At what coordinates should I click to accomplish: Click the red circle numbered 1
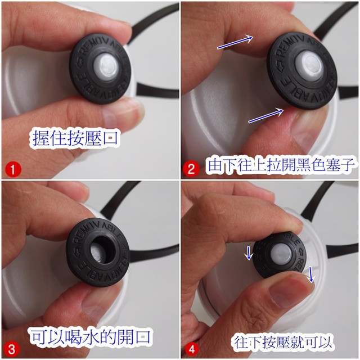[x=13, y=170]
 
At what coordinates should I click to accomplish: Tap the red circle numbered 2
[x=191, y=169]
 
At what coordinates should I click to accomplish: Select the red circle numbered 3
[x=11, y=349]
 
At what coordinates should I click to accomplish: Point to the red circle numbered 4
[x=191, y=349]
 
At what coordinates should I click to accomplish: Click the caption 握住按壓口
[x=75, y=138]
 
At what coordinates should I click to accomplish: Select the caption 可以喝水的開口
[x=91, y=337]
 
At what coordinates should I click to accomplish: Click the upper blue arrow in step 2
[x=235, y=42]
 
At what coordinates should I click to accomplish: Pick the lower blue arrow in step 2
[x=266, y=115]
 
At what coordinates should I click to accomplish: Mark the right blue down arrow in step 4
[x=311, y=274]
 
